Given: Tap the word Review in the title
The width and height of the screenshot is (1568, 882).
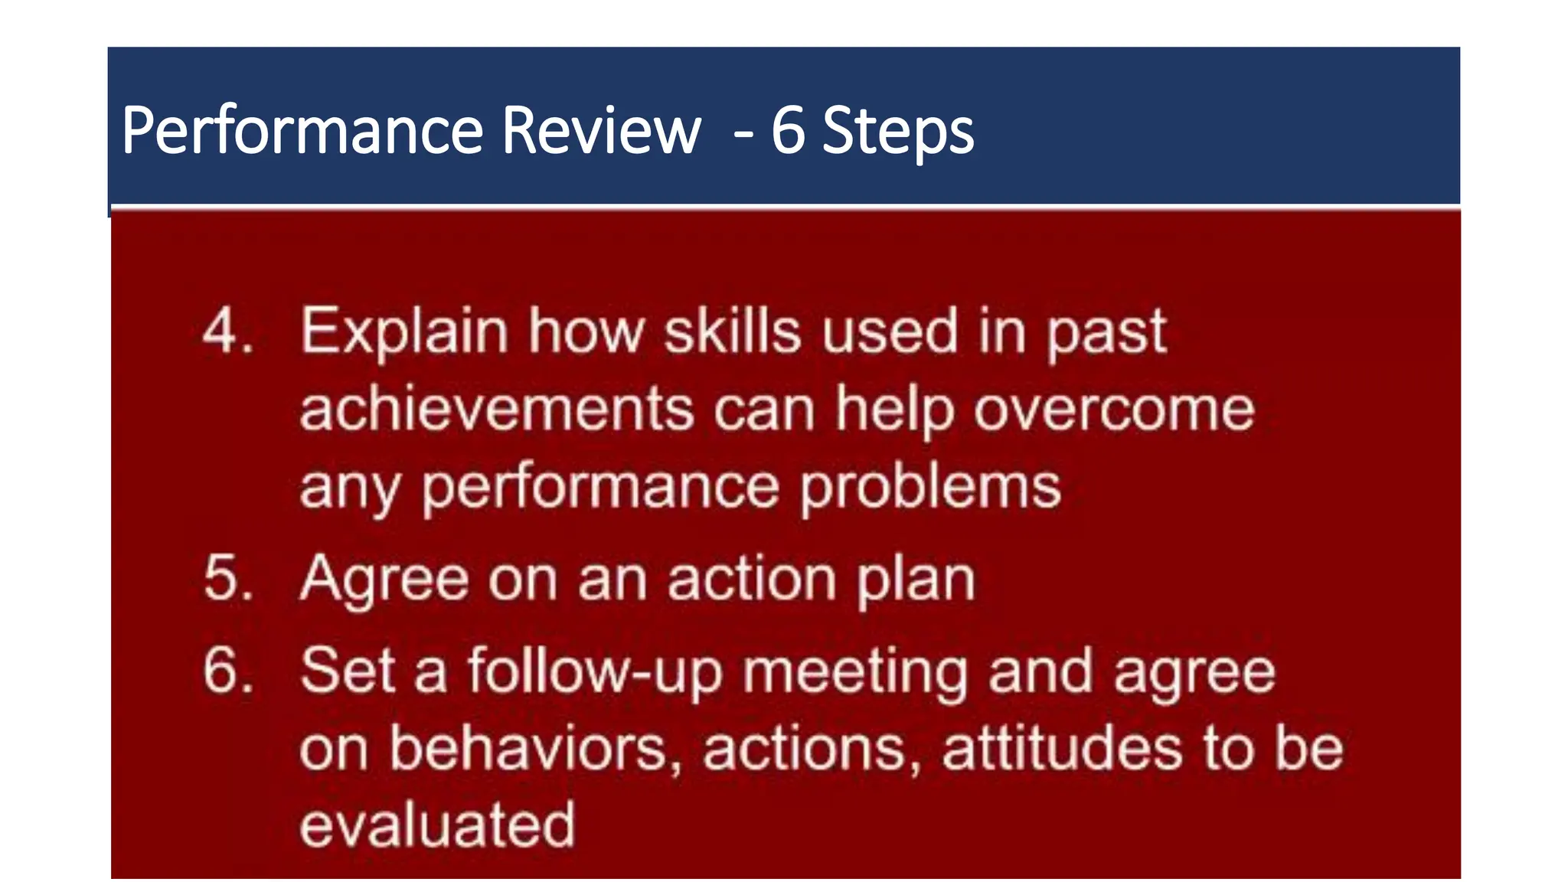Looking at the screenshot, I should point(601,130).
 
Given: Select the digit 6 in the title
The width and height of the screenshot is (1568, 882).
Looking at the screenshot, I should point(788,130).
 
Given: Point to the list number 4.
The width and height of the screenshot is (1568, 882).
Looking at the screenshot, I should point(227,332).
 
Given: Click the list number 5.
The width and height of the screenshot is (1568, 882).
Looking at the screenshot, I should point(227,578).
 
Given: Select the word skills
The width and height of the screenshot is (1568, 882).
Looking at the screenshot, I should point(732,332).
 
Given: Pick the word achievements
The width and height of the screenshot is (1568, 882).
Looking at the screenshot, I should point(496,409).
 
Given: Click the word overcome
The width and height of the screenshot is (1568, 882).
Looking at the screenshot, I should point(1114,409).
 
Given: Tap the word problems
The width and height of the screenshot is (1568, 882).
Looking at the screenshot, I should point(930,487).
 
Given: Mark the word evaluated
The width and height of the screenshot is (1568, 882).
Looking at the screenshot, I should point(437,825).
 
